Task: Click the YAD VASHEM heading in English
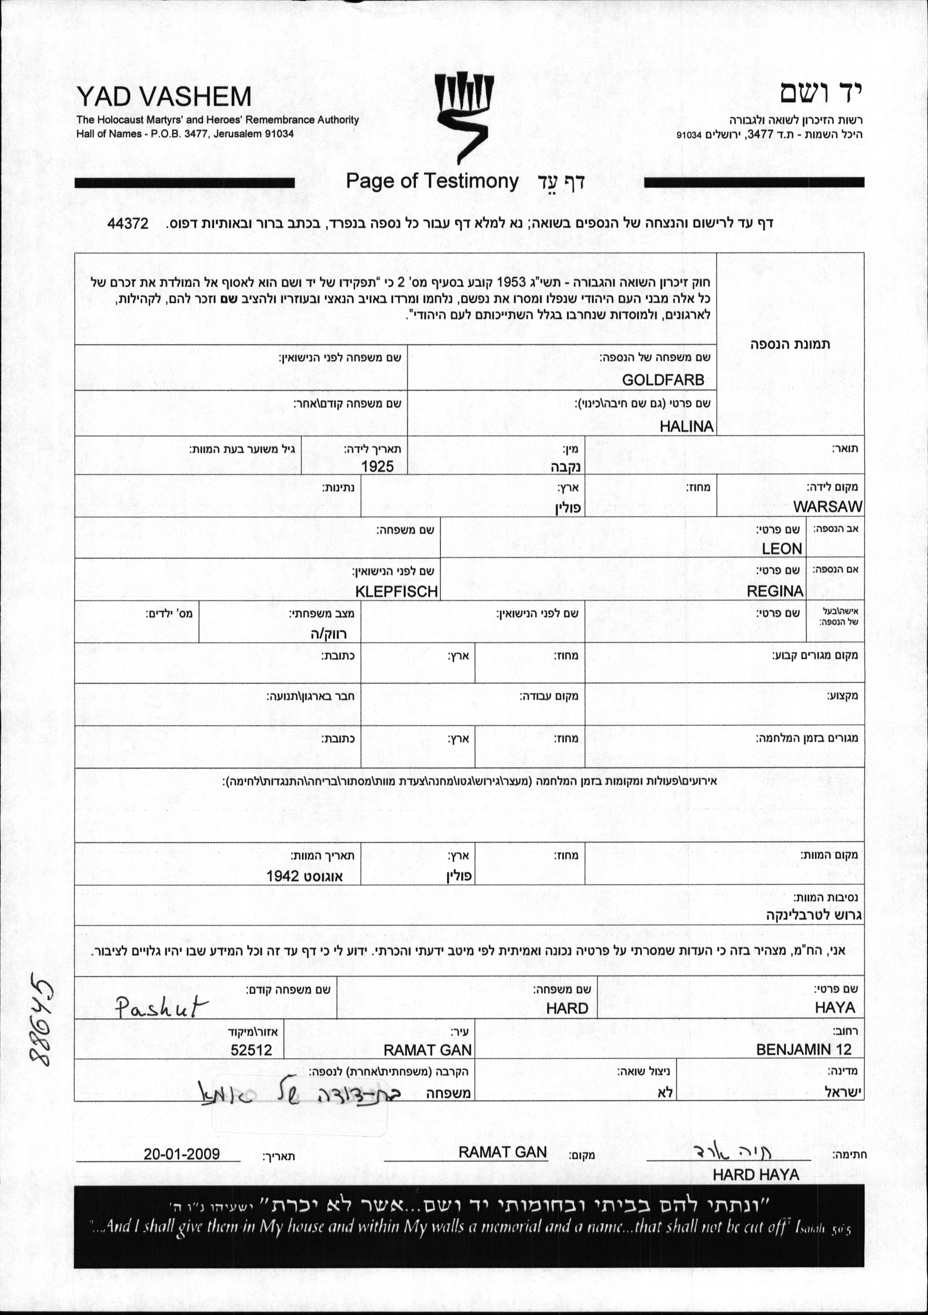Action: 164,96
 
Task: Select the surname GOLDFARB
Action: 663,380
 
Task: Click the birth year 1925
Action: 377,466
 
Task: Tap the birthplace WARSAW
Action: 827,506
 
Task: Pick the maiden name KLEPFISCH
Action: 396,591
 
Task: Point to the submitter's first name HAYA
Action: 835,1008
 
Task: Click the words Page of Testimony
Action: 432,181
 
